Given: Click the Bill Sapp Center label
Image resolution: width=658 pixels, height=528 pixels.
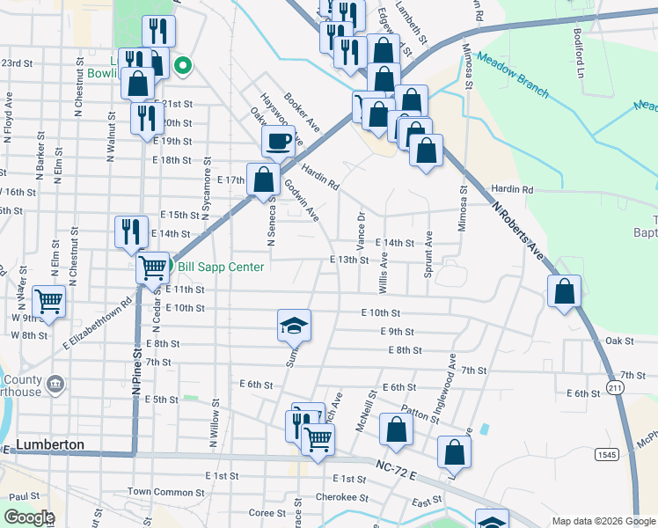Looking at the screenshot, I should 221,267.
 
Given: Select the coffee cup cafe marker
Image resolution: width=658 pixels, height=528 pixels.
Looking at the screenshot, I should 279,140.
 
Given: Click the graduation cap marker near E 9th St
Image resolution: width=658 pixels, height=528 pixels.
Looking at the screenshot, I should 295,326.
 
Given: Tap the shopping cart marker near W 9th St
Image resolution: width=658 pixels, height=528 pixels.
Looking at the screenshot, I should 49,302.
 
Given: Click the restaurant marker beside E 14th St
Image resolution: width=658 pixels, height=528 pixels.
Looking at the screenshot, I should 131,232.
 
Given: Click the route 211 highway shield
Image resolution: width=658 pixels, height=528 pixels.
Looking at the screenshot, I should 613,387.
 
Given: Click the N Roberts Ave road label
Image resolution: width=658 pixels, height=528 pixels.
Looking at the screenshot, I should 519,230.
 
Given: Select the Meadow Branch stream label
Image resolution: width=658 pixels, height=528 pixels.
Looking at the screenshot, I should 512,77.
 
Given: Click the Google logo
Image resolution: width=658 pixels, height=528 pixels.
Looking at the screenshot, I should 28,517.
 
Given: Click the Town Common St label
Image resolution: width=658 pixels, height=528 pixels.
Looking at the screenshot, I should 160,491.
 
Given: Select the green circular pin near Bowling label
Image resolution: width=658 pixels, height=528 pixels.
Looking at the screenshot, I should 183,64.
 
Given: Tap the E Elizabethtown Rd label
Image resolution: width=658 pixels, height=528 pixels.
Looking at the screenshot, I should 97,322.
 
